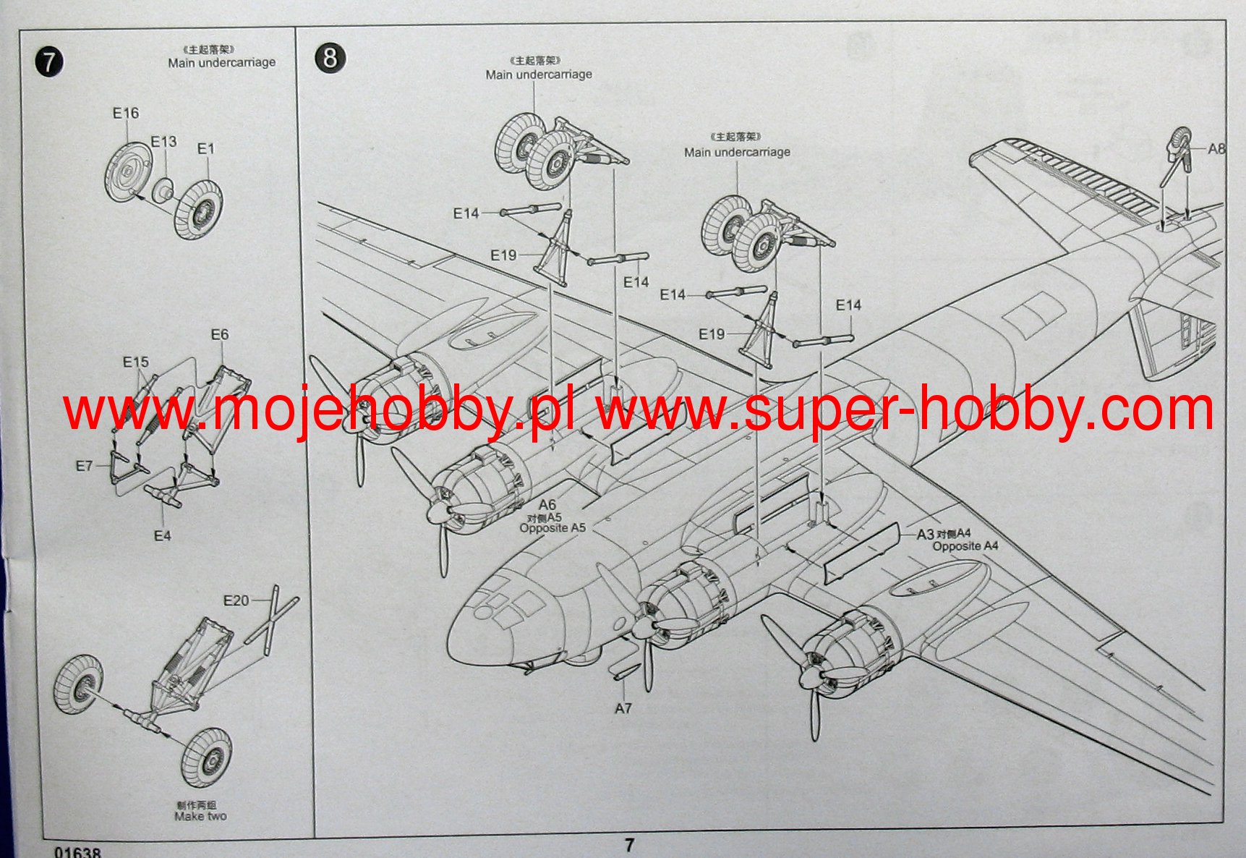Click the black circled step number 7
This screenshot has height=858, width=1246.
(48, 62)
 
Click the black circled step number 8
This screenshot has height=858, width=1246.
(330, 57)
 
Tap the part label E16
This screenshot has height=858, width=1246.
(125, 114)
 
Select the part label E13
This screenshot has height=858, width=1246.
(163, 142)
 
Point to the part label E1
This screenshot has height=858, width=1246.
(206, 149)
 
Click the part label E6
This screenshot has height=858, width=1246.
(219, 334)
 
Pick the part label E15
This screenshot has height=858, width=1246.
(135, 362)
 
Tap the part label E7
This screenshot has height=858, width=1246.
(85, 466)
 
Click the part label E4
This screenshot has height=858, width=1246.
(162, 536)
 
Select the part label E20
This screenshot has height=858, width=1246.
(236, 600)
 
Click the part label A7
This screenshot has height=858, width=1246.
(623, 708)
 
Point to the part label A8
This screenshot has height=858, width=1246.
(1216, 149)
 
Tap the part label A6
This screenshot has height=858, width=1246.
(547, 505)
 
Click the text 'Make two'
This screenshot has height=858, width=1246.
(200, 817)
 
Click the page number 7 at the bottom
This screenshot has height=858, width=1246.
(629, 845)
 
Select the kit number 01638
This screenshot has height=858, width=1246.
(77, 852)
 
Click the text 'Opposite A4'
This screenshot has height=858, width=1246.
(965, 546)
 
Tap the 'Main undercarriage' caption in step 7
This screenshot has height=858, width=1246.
(222, 63)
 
